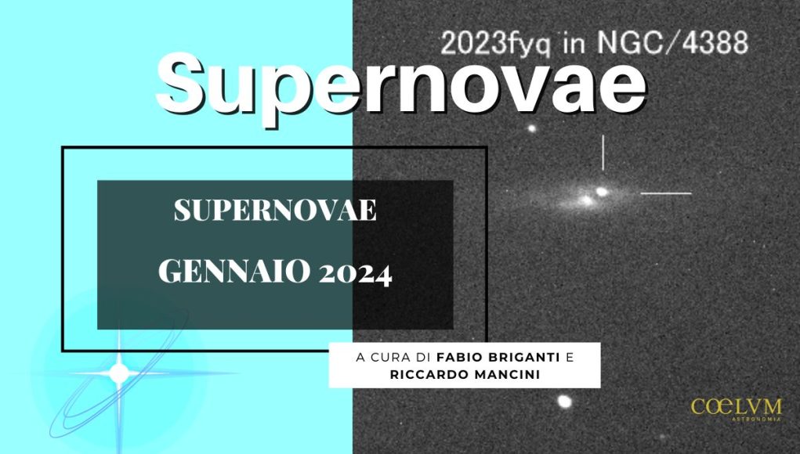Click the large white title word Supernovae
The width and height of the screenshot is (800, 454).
[x=401, y=85]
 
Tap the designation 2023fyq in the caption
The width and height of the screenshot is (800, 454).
[x=496, y=43]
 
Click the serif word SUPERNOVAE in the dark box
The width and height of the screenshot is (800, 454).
[x=275, y=210]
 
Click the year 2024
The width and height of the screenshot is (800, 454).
[x=356, y=274]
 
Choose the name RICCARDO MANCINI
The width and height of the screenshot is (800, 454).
[x=465, y=375]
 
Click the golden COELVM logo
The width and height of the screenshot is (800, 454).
[x=737, y=407]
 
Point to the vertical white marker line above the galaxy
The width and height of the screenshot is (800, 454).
[x=603, y=153]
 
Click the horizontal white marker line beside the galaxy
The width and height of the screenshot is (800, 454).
[x=666, y=193]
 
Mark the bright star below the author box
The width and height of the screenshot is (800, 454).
[x=564, y=402]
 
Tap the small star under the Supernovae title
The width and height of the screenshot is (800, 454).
[x=531, y=128]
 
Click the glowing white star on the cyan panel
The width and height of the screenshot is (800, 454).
[x=119, y=373]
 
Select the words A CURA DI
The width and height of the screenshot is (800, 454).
[x=394, y=357]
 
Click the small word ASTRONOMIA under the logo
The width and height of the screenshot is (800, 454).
[x=755, y=419]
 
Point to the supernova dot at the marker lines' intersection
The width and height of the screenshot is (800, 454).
[x=602, y=192]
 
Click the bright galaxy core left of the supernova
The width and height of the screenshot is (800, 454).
[x=586, y=200]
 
